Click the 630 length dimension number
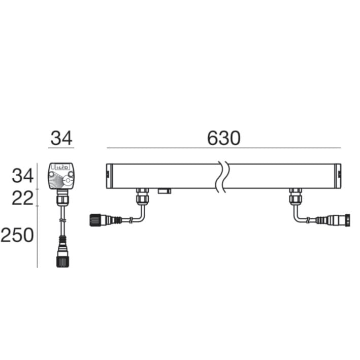223,138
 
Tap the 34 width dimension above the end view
61,138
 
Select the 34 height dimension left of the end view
23,176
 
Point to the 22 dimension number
22,198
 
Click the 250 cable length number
17,235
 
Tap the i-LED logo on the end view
62,168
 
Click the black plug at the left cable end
95,220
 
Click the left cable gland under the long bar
142,196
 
